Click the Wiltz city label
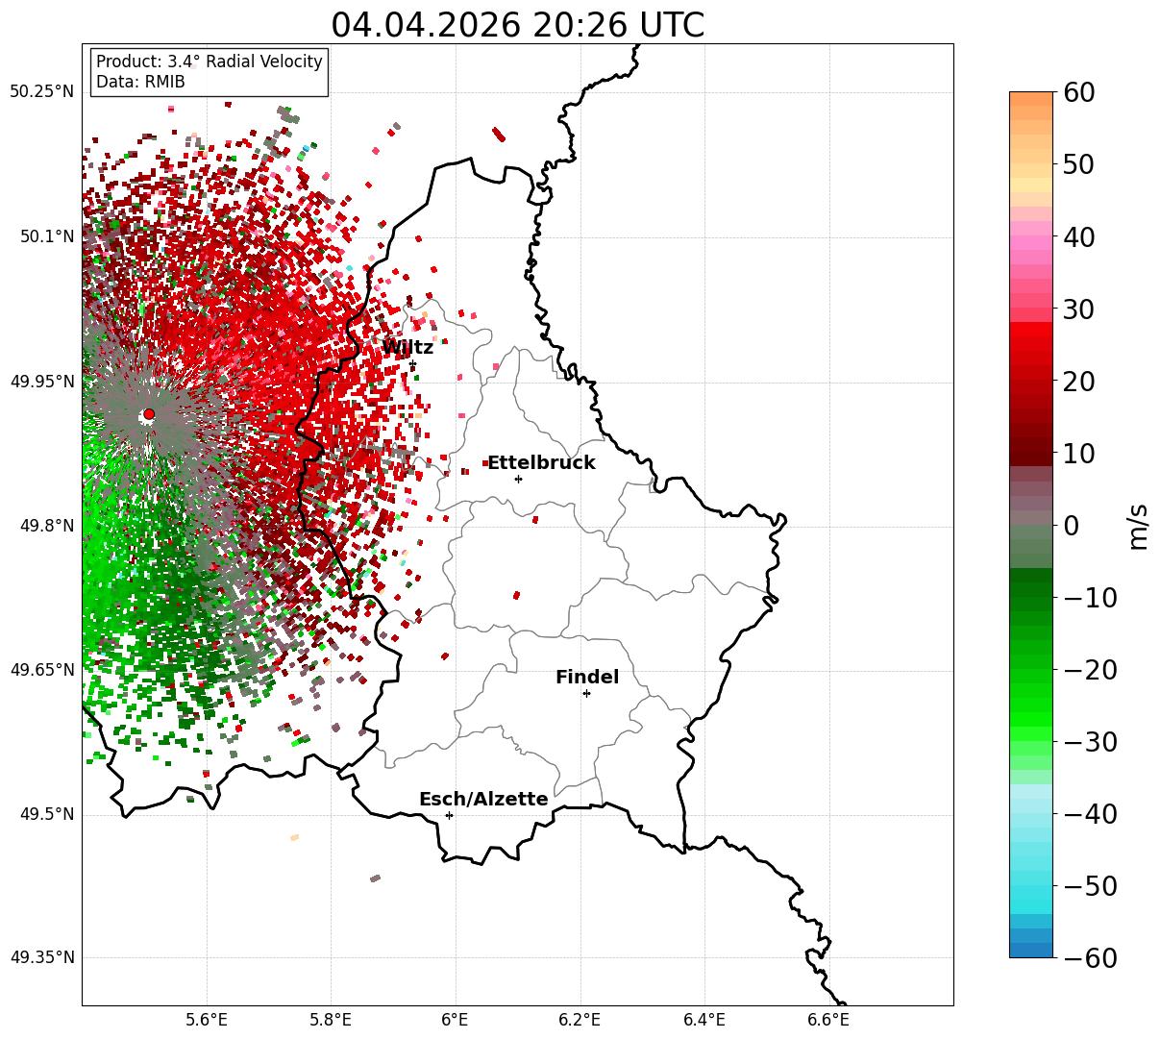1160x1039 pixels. [x=407, y=347]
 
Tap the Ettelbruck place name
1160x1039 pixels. [x=541, y=462]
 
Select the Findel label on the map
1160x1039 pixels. [x=587, y=677]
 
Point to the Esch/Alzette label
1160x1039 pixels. [x=483, y=799]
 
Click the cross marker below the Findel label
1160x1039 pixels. [x=586, y=694]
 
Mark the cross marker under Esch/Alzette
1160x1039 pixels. [x=449, y=815]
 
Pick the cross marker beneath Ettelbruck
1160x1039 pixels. [x=518, y=479]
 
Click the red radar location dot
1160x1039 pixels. [x=149, y=413]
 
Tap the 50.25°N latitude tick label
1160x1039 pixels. [x=41, y=91]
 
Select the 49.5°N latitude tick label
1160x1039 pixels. [x=47, y=814]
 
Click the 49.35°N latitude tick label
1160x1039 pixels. [x=41, y=957]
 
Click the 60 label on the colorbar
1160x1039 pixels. [x=1078, y=92]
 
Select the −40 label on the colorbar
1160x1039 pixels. [x=1090, y=814]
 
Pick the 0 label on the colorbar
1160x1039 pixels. [x=1072, y=525]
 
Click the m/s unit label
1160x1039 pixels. [x=1139, y=527]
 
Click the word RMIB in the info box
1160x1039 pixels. [x=164, y=82]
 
